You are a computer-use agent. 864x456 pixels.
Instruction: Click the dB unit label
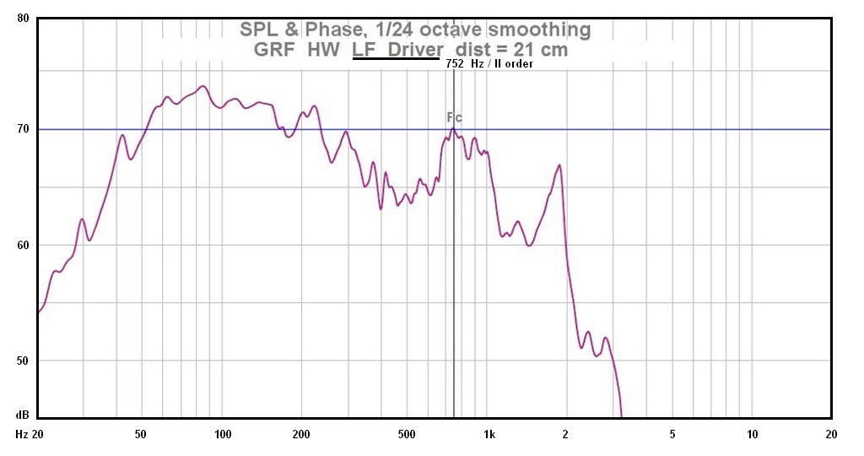pos(23,415)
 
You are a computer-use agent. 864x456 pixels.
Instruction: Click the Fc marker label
pos(454,117)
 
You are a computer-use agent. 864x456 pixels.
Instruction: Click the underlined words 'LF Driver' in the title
pos(397,50)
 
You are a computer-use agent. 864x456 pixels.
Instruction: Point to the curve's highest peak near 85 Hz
pos(202,86)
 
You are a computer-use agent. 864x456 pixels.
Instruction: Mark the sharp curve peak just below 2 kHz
pos(559,166)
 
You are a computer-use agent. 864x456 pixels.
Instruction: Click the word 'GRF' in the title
pos(274,50)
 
